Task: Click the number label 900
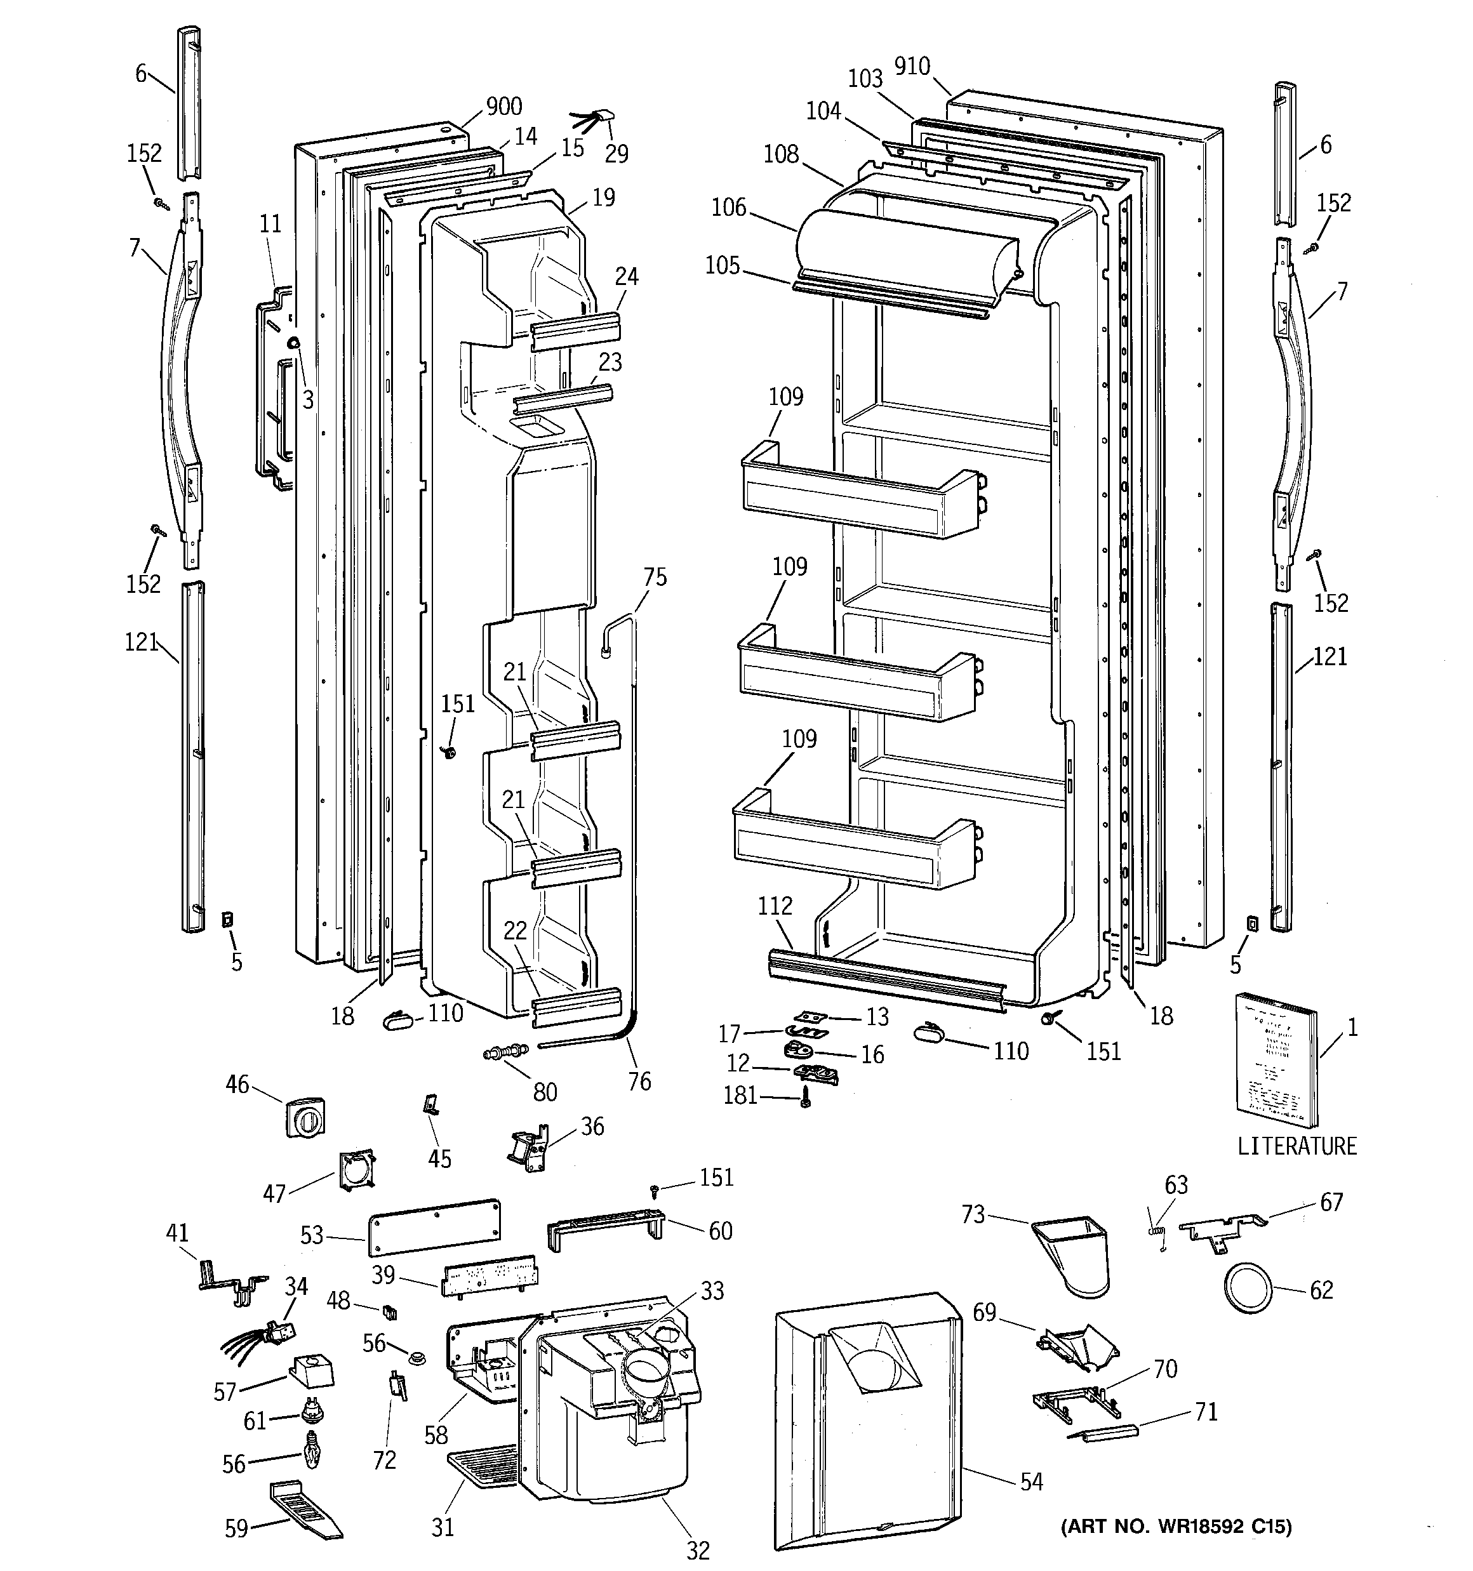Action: coord(503,106)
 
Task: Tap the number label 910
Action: coord(912,67)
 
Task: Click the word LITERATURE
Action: coord(1296,1146)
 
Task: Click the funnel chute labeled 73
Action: coord(1074,1257)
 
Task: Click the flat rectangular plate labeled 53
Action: coord(434,1226)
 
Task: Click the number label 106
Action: coord(728,207)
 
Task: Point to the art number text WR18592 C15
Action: coord(1176,1549)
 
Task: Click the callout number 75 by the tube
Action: coord(655,577)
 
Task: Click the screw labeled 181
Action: coord(804,1097)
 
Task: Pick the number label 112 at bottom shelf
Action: coord(774,906)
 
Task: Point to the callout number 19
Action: coord(603,197)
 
